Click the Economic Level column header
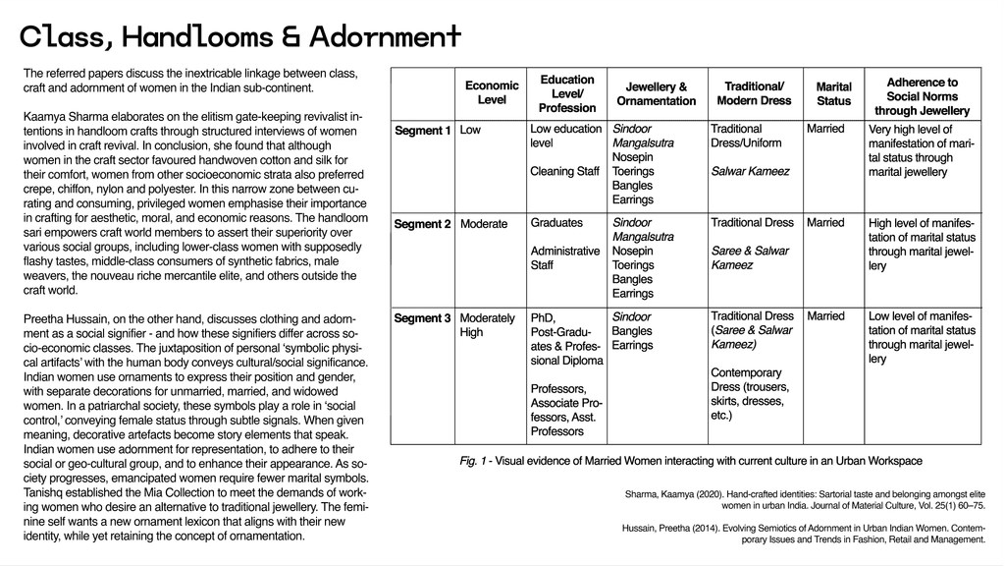pos(492,92)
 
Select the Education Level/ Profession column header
pos(567,93)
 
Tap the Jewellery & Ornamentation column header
pos(656,93)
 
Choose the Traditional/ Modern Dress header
pos(754,93)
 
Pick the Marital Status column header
pos(833,93)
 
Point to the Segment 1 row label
pos(422,130)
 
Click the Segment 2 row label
pos(422,224)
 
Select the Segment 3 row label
pos(422,317)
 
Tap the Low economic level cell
pos(470,129)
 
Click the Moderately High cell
pos(487,324)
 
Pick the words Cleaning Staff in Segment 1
pos(564,171)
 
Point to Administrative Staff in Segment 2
pos(564,257)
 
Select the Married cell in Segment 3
pos(825,316)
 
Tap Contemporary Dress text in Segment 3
pos(747,372)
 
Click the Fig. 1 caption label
pos(476,460)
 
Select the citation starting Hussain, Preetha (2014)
pos(804,534)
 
